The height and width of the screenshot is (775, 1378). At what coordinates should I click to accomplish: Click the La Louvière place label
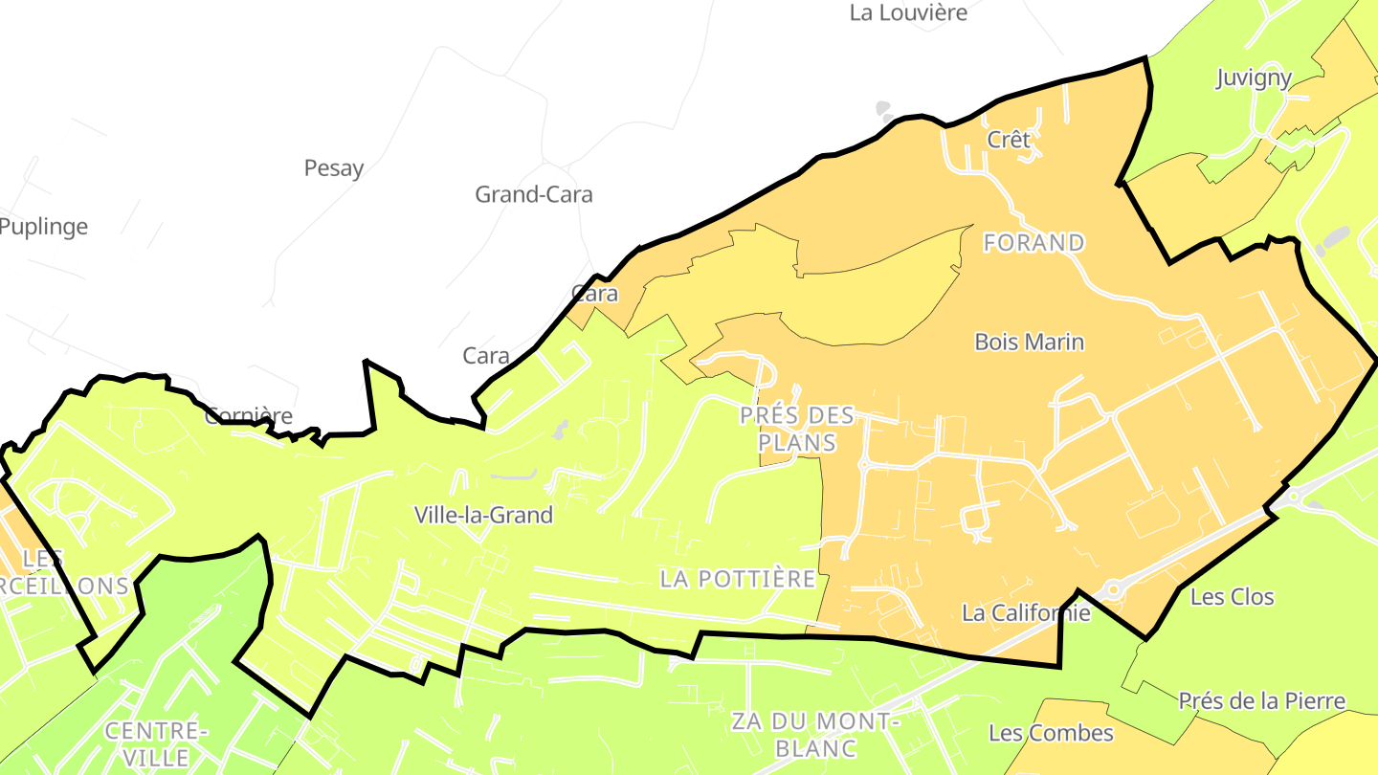908,13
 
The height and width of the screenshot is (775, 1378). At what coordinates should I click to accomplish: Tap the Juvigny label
1254,78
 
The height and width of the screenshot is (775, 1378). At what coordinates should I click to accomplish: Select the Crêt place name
1009,140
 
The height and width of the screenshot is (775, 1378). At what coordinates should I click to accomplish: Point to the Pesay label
334,168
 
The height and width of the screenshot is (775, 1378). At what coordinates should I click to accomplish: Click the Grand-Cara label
534,195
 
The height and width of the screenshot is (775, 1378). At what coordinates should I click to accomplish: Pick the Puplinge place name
43,227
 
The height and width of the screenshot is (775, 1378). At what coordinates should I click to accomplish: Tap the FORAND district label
1033,243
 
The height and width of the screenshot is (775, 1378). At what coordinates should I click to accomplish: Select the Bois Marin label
1029,342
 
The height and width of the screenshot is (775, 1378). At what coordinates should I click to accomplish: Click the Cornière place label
249,416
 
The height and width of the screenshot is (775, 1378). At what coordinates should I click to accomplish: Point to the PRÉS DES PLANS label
797,429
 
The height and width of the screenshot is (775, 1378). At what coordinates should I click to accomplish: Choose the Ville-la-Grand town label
483,515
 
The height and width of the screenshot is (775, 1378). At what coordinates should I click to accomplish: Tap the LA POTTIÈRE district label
738,579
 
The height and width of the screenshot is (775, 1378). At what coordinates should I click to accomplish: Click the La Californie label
1026,613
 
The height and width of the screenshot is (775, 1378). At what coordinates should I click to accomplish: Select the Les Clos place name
1232,597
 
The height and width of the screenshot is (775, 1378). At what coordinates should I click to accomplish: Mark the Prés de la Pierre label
1261,701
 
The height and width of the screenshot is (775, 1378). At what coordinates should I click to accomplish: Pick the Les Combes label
1051,734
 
